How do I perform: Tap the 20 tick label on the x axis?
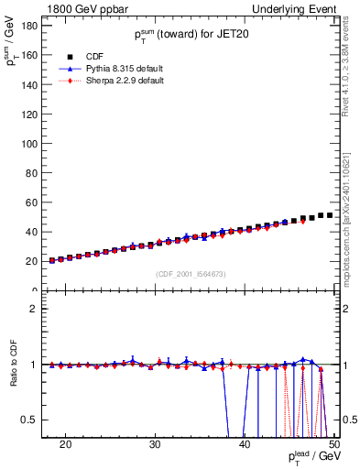65,444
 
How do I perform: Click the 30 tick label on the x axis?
155,444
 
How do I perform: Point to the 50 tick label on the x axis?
333,444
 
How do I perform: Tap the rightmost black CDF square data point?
329,215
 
